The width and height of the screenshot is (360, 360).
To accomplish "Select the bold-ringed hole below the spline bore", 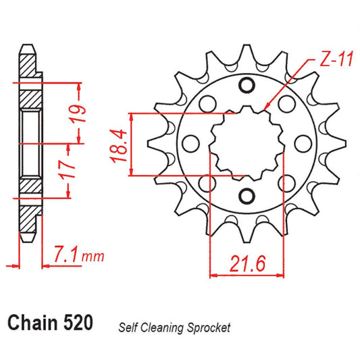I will [247, 196].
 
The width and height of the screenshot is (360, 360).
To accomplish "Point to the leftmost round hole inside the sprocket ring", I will [191, 141].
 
